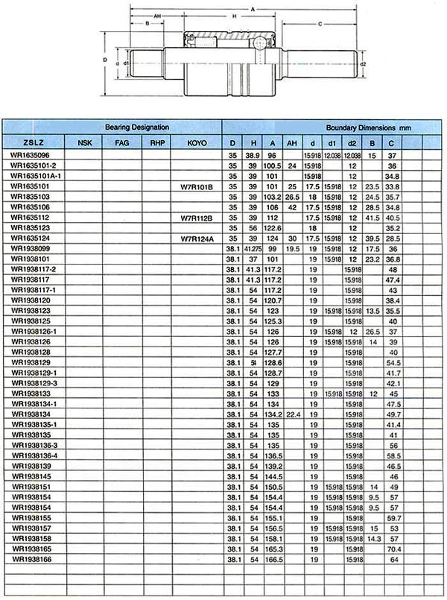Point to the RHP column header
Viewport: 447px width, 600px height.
point(156,142)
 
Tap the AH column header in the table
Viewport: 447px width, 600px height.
point(292,142)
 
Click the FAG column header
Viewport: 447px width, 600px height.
point(122,142)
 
